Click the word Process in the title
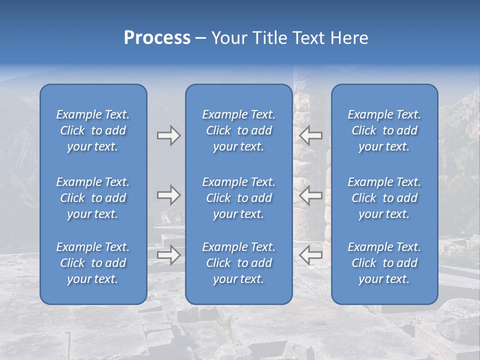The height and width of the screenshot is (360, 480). click(157, 38)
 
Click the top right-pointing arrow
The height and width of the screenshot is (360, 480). click(168, 135)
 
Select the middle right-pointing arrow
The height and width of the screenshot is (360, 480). click(168, 195)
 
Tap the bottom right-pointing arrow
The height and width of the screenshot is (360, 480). click(168, 255)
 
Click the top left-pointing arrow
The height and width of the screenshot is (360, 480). click(310, 135)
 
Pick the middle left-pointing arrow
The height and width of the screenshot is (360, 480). click(310, 195)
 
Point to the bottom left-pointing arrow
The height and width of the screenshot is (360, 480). click(310, 255)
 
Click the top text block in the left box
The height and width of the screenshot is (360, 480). click(93, 130)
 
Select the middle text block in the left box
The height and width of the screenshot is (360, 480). click(93, 198)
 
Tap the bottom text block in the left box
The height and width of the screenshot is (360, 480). click(93, 263)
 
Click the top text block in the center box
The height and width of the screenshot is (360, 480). click(238, 130)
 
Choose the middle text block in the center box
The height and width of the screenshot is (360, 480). click(238, 198)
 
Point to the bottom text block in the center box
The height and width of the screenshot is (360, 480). click(238, 263)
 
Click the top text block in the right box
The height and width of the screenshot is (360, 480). click(384, 130)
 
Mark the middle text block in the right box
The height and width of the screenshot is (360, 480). click(384, 198)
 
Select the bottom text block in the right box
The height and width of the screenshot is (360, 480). click(384, 263)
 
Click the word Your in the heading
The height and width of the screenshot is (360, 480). click(228, 38)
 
